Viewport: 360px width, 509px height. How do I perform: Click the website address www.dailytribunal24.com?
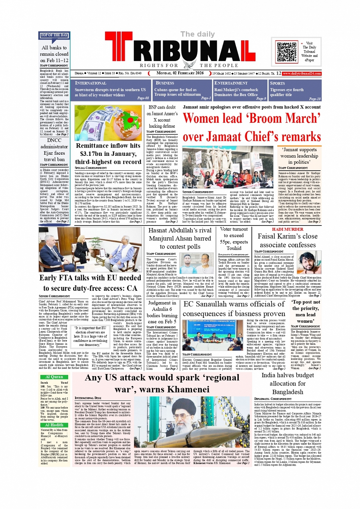point(302,73)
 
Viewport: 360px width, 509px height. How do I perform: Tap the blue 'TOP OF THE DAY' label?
point(54,35)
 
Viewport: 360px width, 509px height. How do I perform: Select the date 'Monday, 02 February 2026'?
point(180,73)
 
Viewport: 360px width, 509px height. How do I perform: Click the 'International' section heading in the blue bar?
point(91,83)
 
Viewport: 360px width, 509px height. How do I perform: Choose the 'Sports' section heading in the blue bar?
point(277,83)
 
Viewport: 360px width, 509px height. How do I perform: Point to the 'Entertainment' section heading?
point(230,83)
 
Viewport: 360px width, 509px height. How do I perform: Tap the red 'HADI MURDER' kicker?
point(288,229)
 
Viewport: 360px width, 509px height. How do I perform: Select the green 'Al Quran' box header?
point(54,377)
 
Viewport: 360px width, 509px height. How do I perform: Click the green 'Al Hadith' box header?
point(54,425)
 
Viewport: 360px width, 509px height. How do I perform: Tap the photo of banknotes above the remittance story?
point(108,123)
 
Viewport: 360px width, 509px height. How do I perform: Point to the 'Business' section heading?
point(165,83)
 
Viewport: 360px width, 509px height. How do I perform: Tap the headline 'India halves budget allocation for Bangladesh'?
point(288,383)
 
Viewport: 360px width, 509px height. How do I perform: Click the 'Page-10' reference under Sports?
point(315,99)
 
